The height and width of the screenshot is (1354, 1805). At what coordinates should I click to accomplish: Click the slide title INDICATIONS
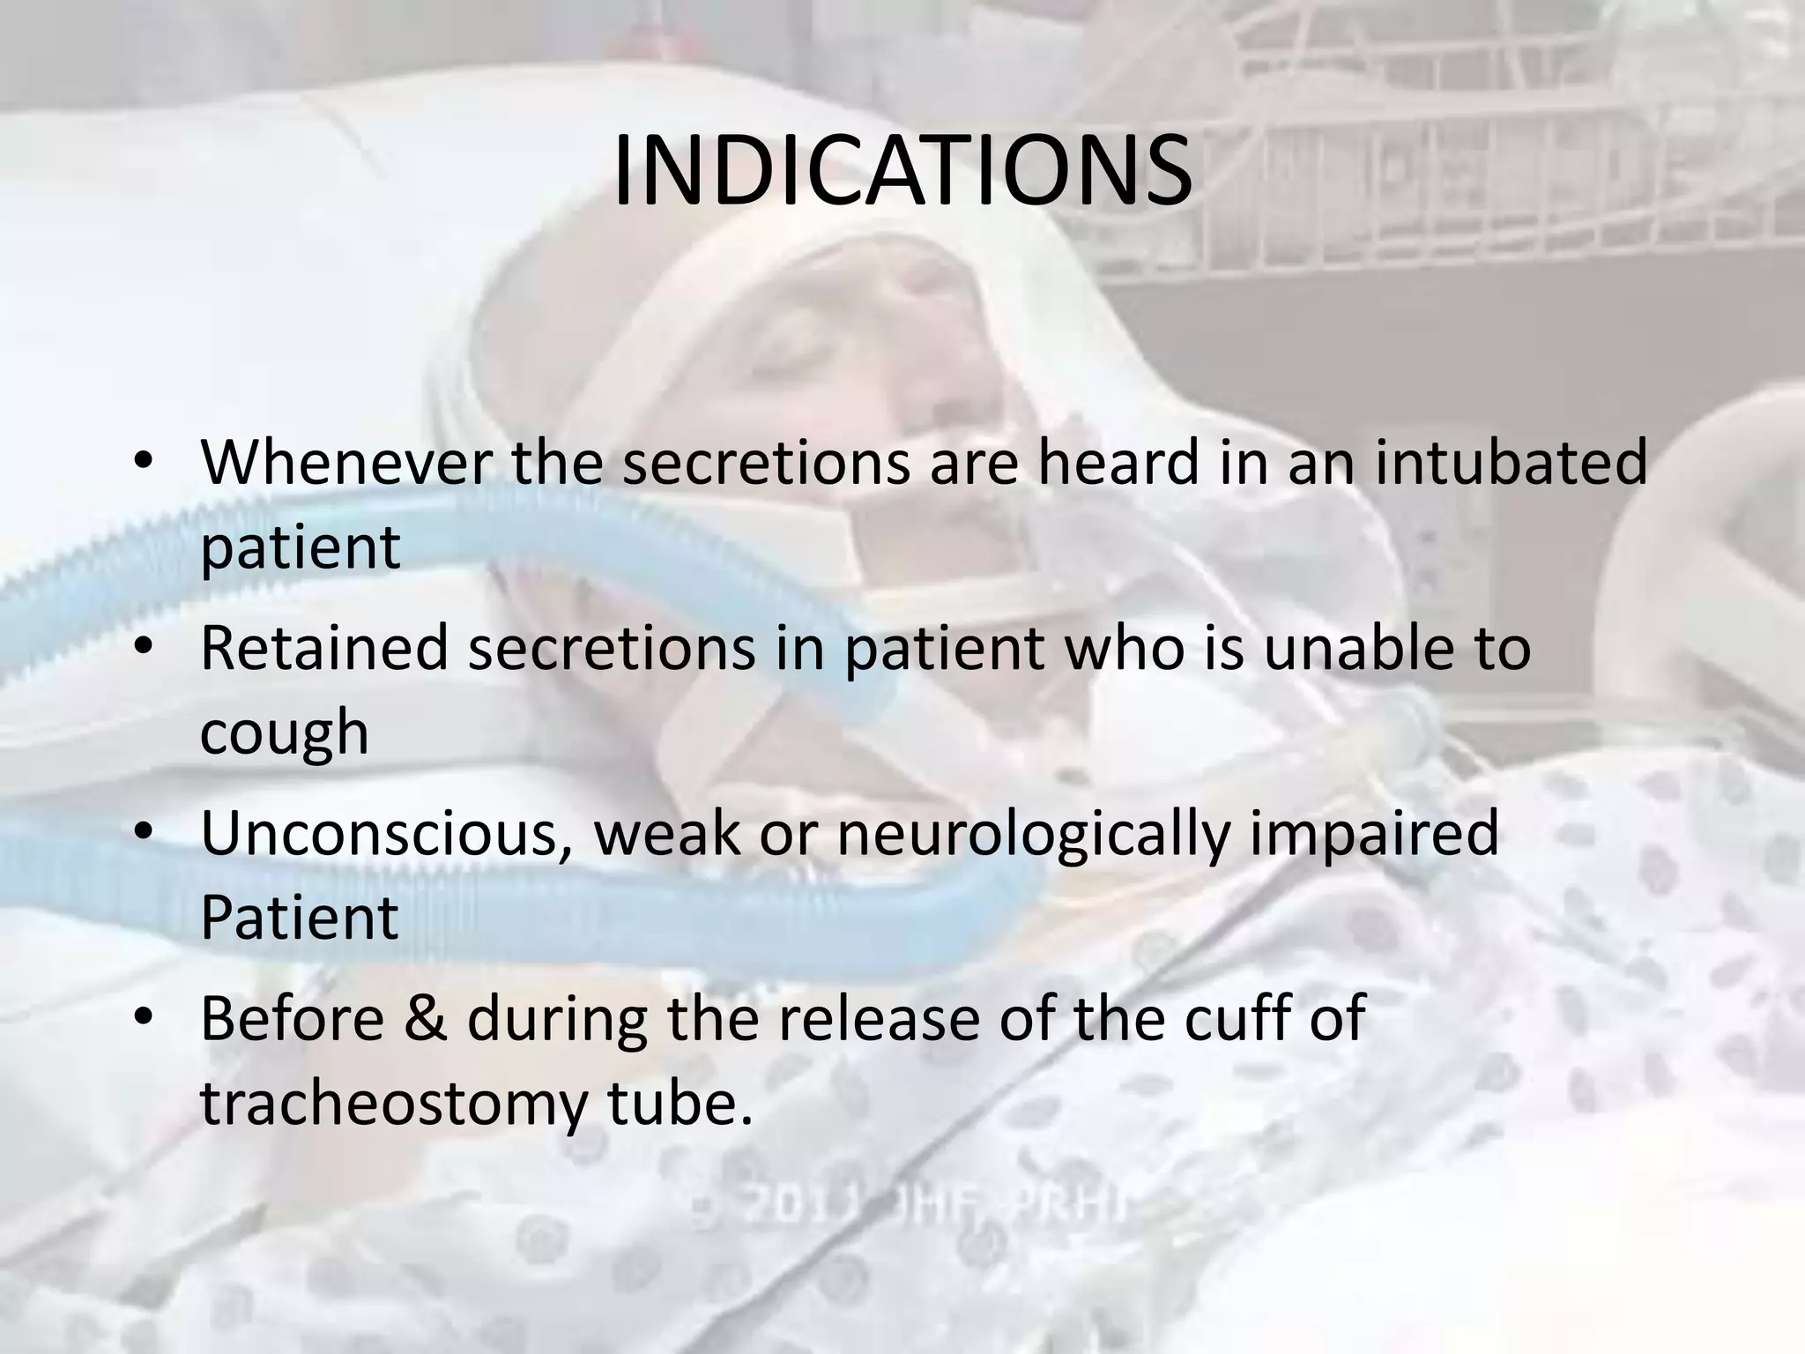pyautogui.click(x=902, y=172)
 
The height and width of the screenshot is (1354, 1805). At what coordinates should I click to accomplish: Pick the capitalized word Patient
pyautogui.click(x=300, y=917)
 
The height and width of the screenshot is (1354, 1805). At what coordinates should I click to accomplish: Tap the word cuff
pyautogui.click(x=1243, y=1018)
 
